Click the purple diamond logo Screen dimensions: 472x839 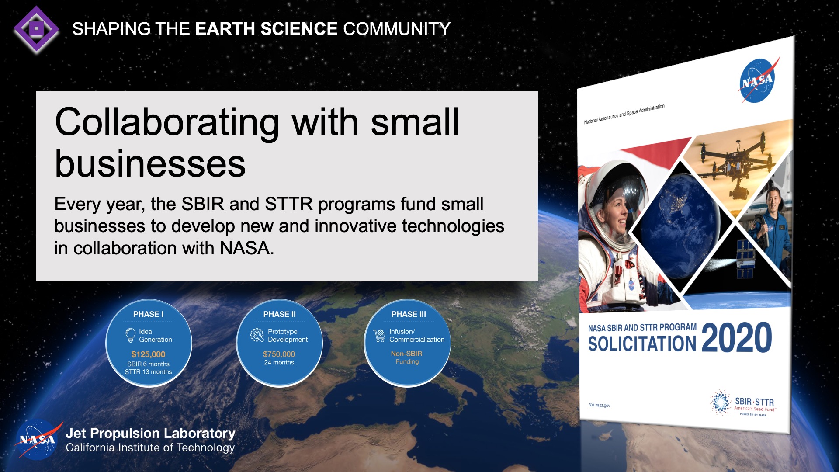[x=36, y=29]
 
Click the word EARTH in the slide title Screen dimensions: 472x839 [x=225, y=29]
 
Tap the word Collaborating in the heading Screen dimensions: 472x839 [x=166, y=123]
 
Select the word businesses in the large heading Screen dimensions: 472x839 [x=150, y=164]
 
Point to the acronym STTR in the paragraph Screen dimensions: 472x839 [x=289, y=204]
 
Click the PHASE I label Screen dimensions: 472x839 [x=148, y=314]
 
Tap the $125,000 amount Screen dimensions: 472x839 [x=148, y=354]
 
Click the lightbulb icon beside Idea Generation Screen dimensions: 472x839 [x=130, y=335]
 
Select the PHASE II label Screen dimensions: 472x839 [x=279, y=314]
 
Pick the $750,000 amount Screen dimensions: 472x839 [x=279, y=354]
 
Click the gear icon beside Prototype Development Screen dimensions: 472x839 [x=257, y=335]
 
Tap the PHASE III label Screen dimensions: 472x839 [x=409, y=314]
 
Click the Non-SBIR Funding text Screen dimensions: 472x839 [x=407, y=357]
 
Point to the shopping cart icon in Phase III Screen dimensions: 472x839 [x=379, y=336]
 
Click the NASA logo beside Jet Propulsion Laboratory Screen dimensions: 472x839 [x=38, y=440]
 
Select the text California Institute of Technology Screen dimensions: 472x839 [x=150, y=448]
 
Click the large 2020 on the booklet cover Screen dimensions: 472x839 [x=737, y=338]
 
